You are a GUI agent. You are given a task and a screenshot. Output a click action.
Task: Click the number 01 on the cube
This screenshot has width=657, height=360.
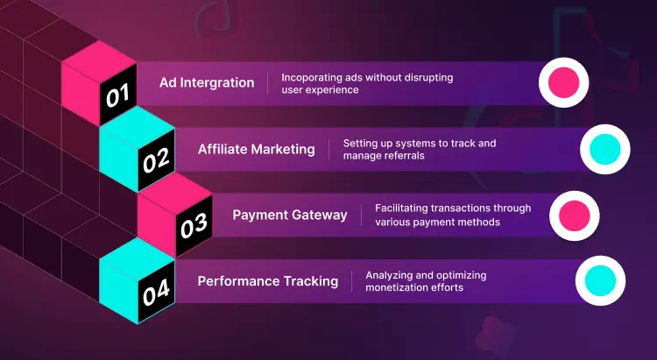point(117,95)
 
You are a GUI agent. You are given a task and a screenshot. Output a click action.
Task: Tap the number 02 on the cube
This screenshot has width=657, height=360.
point(156,160)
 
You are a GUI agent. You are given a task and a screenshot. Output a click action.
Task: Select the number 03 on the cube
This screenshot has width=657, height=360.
point(193,227)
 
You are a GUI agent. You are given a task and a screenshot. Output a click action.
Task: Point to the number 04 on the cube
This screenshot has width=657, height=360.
point(155,292)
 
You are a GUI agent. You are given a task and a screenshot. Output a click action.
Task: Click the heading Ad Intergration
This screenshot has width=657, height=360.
point(207,83)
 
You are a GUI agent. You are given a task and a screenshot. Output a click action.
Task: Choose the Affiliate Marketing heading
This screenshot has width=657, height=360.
point(256,149)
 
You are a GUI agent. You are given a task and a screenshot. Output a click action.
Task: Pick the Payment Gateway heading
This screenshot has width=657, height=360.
point(290,215)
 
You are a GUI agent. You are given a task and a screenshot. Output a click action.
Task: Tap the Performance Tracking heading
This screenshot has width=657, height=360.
point(267,281)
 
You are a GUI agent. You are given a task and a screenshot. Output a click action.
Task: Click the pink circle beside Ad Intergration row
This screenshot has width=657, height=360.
point(562,82)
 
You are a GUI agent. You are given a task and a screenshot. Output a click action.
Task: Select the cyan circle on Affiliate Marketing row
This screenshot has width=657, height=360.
point(605,149)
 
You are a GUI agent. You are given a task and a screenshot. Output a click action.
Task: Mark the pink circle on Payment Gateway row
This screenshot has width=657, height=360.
point(574,215)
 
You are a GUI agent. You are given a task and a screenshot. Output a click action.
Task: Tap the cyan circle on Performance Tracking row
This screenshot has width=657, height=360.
point(599,281)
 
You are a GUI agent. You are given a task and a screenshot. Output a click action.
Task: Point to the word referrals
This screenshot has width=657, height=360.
point(407,156)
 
